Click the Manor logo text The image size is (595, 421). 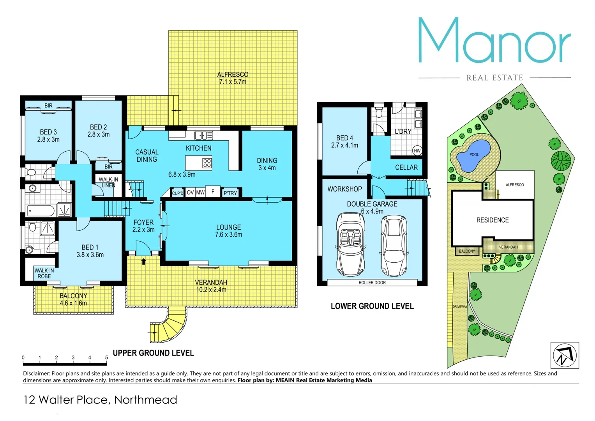pos(494,41)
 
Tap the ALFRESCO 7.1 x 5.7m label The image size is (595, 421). pos(233,78)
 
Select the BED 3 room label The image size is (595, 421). pos(48,136)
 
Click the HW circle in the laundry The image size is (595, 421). pos(417,151)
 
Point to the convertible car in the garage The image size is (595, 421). pos(350,244)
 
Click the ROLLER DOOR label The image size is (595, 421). pos(372,283)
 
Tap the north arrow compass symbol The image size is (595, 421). pos(564,355)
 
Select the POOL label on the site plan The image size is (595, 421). pos(474,155)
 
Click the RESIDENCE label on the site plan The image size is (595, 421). pos(493,220)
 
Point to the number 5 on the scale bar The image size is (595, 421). pos(106,357)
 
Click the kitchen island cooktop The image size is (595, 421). pos(207,163)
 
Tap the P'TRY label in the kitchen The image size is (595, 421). pos(230,193)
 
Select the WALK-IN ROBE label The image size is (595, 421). pos(44,273)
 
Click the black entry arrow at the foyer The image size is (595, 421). pos(143,261)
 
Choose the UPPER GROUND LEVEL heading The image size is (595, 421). pos(153,353)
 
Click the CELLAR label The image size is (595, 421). pos(406,167)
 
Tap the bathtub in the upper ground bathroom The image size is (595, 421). pos(41,211)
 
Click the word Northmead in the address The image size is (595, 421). pos(146,400)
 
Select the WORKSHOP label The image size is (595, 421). pos(344,189)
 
